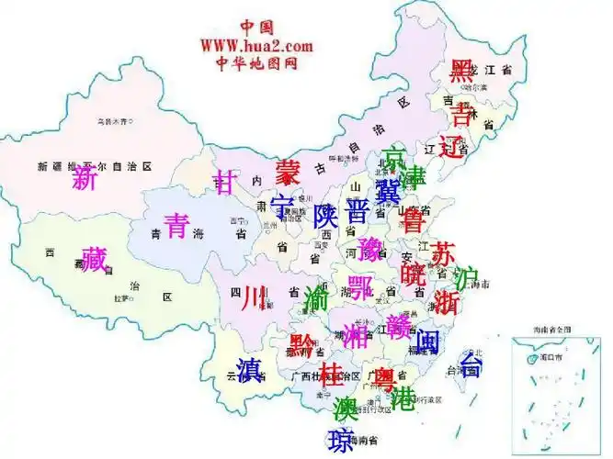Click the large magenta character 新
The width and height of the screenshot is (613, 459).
[85, 178]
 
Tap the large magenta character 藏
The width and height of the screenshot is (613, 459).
[94, 260]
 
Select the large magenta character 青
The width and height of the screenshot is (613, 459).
[176, 224]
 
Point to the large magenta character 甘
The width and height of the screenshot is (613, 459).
[225, 182]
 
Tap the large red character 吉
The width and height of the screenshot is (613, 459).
[460, 114]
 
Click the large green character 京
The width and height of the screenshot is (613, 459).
[393, 157]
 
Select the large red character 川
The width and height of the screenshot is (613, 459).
[254, 297]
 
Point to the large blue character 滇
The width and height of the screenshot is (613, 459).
[249, 369]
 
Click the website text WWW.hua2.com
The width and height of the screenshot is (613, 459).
[256, 45]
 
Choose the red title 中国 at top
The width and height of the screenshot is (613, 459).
[257, 27]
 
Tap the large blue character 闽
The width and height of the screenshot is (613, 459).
[427, 341]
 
